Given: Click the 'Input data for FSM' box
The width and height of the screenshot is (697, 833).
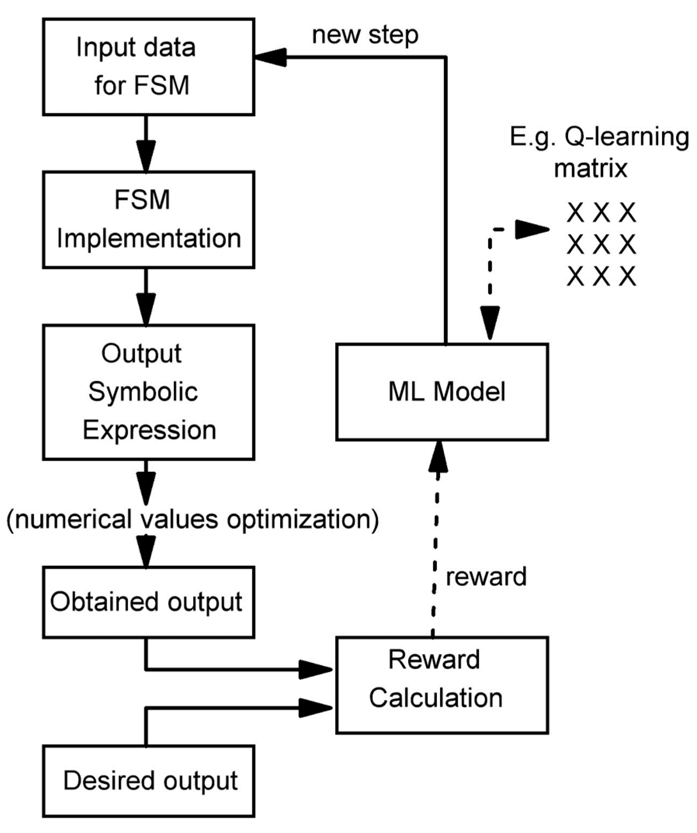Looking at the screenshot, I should (x=148, y=67).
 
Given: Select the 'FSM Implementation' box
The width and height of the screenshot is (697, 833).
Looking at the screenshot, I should (x=148, y=220).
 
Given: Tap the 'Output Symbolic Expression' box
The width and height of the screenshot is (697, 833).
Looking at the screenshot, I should (x=148, y=392).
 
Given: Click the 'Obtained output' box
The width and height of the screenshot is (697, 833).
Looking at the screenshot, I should (x=148, y=602).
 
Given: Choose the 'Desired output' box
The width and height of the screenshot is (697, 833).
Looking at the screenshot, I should (x=148, y=781).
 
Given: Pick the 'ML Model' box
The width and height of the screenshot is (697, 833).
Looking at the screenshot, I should (x=442, y=392).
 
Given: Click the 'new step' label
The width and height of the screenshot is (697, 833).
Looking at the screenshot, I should (x=365, y=35).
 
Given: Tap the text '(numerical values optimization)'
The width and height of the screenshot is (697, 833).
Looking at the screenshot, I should (x=193, y=520).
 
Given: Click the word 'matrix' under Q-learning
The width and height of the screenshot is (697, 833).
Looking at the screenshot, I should (x=590, y=168).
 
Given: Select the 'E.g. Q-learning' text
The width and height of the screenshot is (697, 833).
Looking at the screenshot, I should (x=599, y=137).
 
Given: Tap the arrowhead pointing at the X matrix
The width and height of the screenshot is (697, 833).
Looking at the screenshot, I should (x=531, y=229).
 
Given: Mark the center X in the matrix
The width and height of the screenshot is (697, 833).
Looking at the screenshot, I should (x=601, y=244).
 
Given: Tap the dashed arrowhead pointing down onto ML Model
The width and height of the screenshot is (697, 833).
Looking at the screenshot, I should (x=490, y=322).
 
